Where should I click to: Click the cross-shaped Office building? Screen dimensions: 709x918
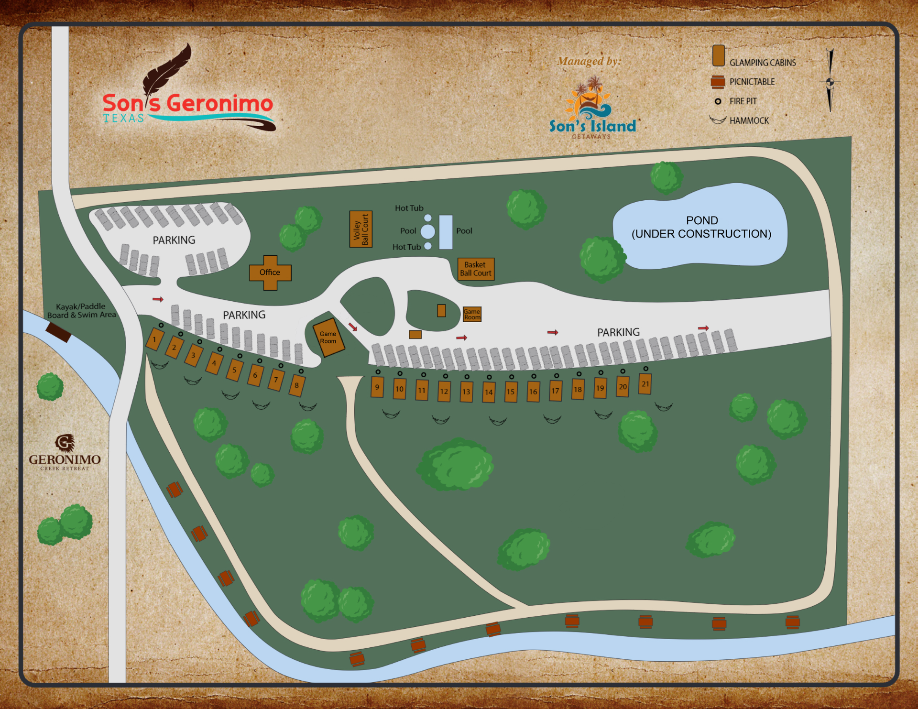[x=270, y=273]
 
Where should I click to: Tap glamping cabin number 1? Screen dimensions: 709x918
[x=154, y=339]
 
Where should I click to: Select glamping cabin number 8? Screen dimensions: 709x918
[x=296, y=385]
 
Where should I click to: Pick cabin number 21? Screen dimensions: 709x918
[x=645, y=384]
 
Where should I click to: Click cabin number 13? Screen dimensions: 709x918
[x=466, y=392]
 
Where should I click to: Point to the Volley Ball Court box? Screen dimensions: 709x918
[x=361, y=229]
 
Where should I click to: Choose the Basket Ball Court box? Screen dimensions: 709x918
[x=476, y=269]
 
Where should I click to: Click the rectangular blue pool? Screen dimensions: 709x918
[x=446, y=232]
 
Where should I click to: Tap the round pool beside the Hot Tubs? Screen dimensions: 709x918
[x=428, y=231]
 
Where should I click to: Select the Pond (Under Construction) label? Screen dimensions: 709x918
[x=701, y=227]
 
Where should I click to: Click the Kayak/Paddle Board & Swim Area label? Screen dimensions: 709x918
[x=81, y=311]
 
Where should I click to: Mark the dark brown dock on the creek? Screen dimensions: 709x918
[x=58, y=332]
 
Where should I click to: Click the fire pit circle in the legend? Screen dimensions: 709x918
[x=718, y=101]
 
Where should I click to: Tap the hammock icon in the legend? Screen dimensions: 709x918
[x=718, y=120]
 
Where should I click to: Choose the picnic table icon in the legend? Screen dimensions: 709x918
[x=718, y=82]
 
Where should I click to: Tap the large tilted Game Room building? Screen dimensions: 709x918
[x=328, y=338]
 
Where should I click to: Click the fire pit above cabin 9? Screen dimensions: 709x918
[x=378, y=372]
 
